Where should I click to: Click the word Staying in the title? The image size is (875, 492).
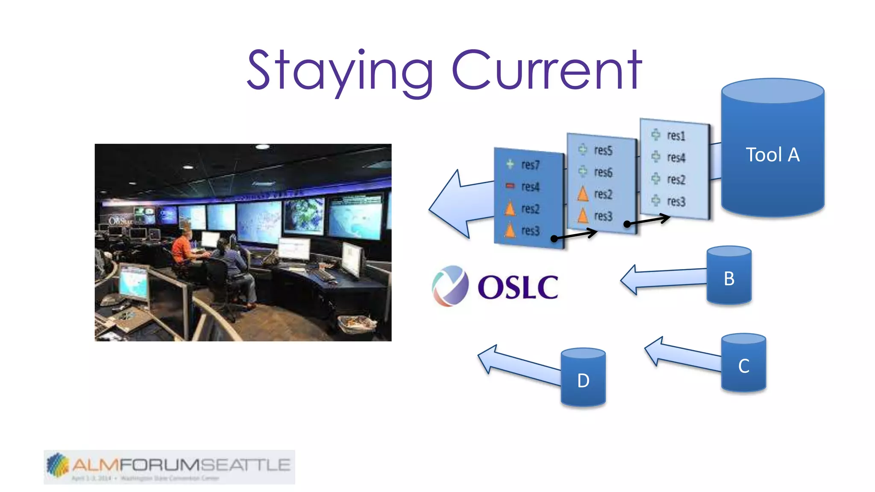click(x=340, y=70)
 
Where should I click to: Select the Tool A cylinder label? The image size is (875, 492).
click(x=772, y=155)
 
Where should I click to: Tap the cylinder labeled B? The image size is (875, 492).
click(x=729, y=278)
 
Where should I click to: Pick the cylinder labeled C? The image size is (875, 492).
click(x=743, y=366)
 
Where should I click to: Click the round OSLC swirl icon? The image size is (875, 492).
click(x=450, y=285)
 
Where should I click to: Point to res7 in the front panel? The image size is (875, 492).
click(x=530, y=165)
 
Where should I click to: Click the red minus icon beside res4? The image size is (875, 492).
click(x=510, y=186)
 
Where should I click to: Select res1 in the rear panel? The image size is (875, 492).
click(x=676, y=136)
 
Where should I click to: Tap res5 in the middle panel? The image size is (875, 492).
click(x=603, y=150)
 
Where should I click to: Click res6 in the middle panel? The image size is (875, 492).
click(x=603, y=172)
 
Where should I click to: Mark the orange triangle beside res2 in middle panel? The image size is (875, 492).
click(x=583, y=194)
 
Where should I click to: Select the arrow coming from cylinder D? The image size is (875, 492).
click(x=517, y=363)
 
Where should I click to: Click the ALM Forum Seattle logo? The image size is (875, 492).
click(x=169, y=466)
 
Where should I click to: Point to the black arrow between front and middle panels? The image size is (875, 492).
click(x=575, y=235)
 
